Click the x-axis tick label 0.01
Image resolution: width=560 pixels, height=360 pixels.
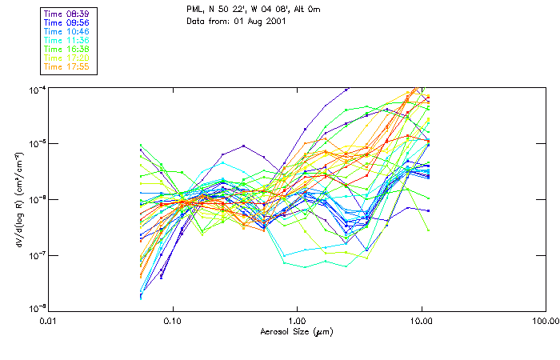[48, 322]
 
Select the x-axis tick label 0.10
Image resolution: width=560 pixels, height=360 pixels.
[172, 322]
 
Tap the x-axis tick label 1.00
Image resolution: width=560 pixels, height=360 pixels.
[297, 322]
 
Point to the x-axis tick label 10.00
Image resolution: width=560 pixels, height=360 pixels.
[421, 322]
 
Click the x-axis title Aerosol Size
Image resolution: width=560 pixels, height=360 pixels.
[296, 331]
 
